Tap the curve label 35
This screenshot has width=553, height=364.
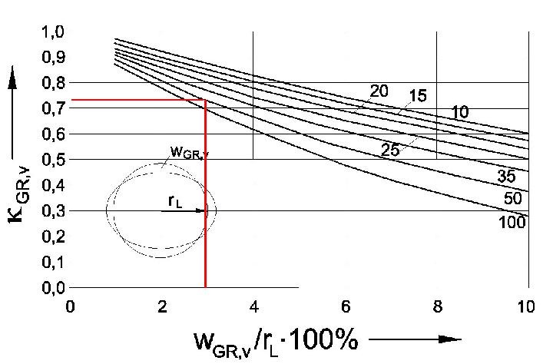coord(506,177)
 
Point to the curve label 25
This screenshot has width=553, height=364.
coord(391,151)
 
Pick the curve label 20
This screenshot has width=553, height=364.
coord(379,91)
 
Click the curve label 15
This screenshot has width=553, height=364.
coord(419,97)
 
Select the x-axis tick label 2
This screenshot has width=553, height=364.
coord(161,306)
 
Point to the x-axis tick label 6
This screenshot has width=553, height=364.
coord(346,306)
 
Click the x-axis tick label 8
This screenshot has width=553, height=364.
coord(436,306)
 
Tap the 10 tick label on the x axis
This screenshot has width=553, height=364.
coord(527,306)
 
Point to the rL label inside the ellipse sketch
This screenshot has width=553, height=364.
coord(176,201)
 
